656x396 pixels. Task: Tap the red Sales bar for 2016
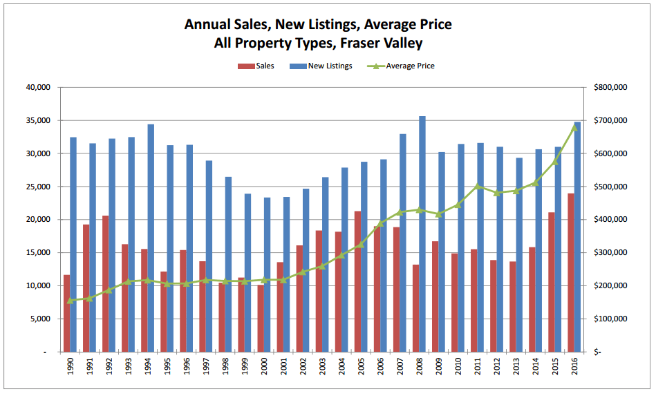click(x=572, y=272)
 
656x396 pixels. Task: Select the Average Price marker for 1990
click(x=70, y=301)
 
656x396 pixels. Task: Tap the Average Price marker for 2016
click(x=574, y=126)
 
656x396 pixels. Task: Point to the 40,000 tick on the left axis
click(x=39, y=88)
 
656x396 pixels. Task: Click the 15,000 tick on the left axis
click(x=39, y=253)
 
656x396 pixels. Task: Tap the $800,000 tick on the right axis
click(x=610, y=88)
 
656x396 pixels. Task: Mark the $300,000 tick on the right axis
click(x=610, y=253)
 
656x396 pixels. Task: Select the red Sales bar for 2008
click(x=415, y=308)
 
